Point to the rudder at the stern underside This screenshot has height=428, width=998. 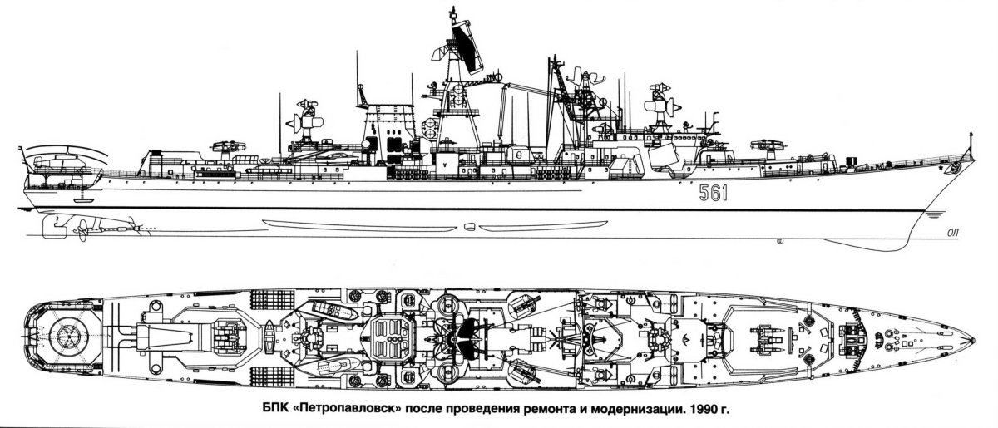(52, 224)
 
